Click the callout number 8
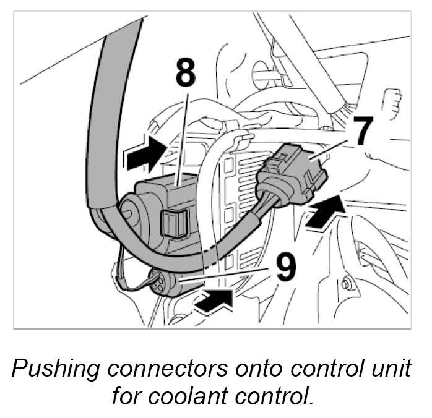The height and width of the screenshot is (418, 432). pos(184,74)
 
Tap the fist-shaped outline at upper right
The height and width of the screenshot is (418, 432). pos(391,103)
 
